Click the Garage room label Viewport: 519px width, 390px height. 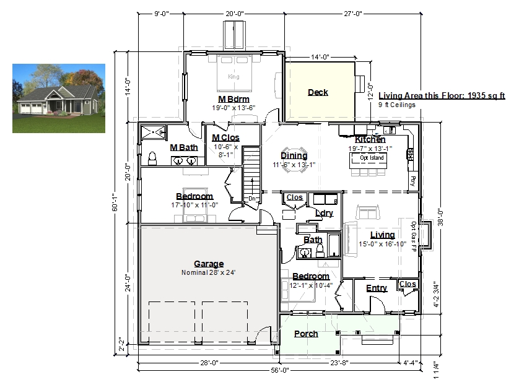[x=209, y=264]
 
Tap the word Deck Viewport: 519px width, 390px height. [x=318, y=92]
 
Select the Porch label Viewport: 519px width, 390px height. [x=306, y=334]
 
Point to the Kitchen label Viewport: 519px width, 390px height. [x=370, y=139]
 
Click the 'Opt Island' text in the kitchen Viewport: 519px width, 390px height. [x=372, y=158]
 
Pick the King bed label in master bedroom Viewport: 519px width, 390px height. [x=233, y=76]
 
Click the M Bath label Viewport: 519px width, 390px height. [x=184, y=147]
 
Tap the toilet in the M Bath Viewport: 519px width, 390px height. [x=152, y=158]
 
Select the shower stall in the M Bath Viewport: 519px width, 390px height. [x=153, y=132]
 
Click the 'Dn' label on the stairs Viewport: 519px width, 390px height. [x=252, y=199]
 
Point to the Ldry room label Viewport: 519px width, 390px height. [x=324, y=213]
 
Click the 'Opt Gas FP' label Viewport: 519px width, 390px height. [x=414, y=236]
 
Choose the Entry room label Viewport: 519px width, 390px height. [x=377, y=288]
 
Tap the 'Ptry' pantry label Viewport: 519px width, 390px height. [x=412, y=181]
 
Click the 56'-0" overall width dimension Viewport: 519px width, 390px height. [x=280, y=370]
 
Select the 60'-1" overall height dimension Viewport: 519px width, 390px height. [x=115, y=202]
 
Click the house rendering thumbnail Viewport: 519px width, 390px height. [x=59, y=98]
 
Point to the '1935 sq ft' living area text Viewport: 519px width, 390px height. [x=487, y=95]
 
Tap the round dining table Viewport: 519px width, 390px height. [x=294, y=160]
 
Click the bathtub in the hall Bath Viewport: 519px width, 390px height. [x=334, y=245]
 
